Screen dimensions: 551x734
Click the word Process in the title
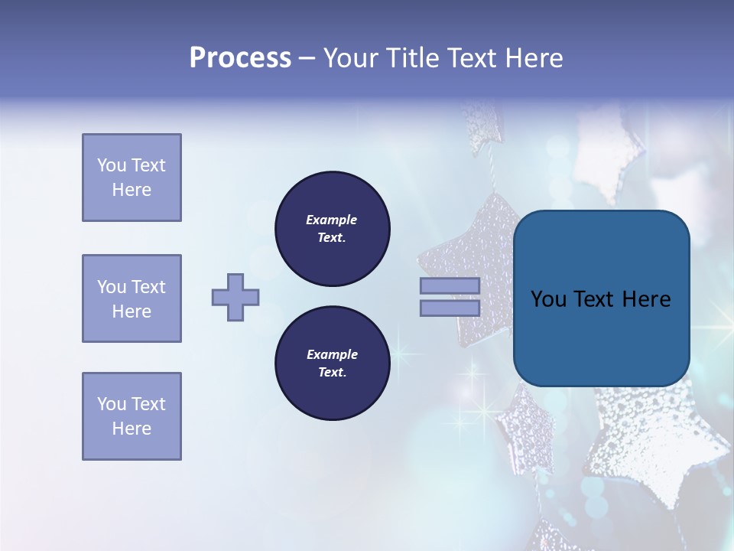pos(240,58)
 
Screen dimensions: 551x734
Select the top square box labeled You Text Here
pos(132,178)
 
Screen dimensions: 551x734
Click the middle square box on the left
pos(132,298)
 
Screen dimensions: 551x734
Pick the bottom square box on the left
pos(132,416)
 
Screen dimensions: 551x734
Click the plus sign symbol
pos(235,297)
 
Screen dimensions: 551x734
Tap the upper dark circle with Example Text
pos(333,228)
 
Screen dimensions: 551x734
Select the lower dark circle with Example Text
pos(333,363)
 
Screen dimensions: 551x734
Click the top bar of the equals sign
pos(450,285)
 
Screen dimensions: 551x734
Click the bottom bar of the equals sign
pos(450,308)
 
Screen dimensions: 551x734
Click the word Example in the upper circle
pos(331,220)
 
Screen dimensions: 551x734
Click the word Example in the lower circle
pos(332,354)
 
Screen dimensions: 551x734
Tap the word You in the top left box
pos(112,165)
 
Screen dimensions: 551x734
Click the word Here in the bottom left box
pos(132,429)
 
